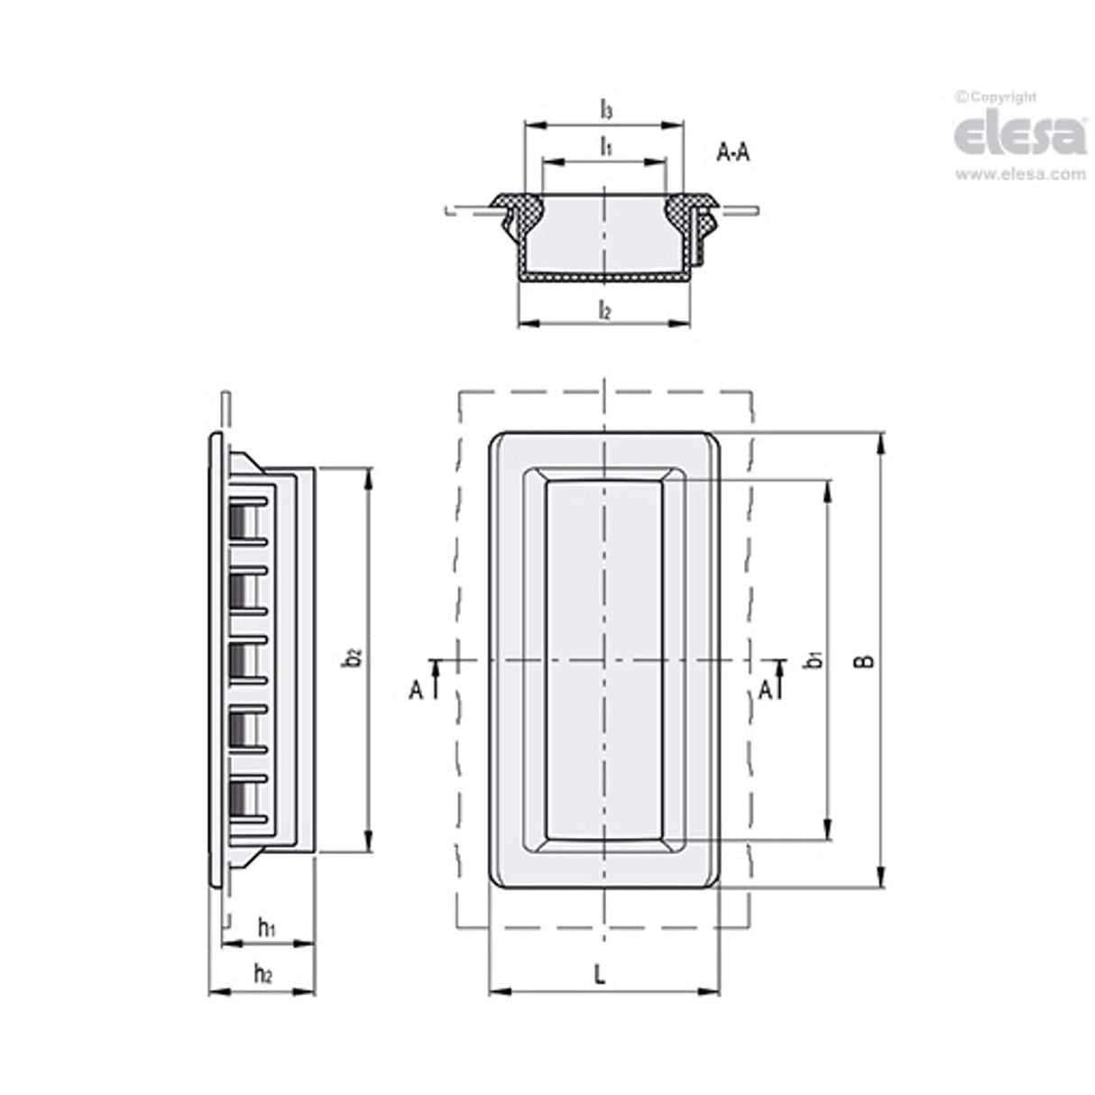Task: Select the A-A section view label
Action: pos(732,152)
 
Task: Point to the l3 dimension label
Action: pos(606,110)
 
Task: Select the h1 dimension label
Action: pos(266,926)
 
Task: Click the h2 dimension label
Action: pos(262,973)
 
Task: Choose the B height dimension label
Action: pos(863,661)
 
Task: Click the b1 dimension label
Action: pos(813,661)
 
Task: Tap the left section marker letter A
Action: pos(416,690)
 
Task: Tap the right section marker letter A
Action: pos(764,690)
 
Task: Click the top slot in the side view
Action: pos(241,520)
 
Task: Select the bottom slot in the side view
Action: pos(241,796)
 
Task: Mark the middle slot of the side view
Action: pos(241,658)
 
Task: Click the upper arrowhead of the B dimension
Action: pos(880,443)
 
